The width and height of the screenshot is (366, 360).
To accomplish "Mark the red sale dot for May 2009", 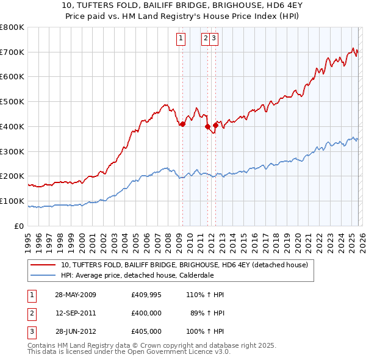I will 182,124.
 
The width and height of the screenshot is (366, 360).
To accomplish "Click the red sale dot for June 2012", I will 215,125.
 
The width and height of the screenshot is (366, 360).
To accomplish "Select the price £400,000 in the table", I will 146,313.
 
